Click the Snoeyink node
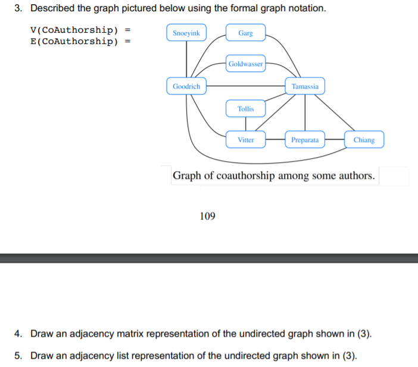(186, 33)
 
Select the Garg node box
(245, 33)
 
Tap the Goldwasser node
(245, 64)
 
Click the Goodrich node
(186, 86)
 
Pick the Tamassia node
(305, 86)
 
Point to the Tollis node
(245, 109)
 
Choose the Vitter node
(245, 140)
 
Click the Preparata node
(305, 140)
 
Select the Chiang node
(364, 140)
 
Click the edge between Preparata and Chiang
(335, 140)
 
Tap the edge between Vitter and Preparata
(275, 140)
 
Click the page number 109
(207, 217)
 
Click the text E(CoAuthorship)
(74, 41)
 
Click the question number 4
(18, 333)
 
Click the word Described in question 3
(52, 9)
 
